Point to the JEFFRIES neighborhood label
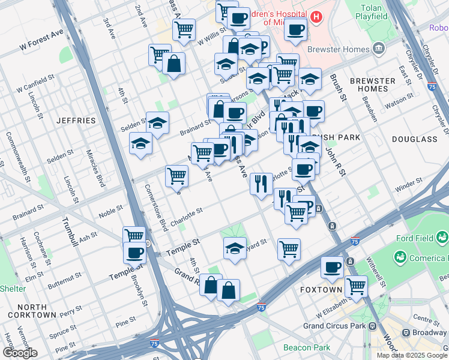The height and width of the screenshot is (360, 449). [76, 120]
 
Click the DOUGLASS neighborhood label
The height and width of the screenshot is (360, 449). [414, 139]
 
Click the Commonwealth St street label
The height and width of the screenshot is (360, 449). [11, 155]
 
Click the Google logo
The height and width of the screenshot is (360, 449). [20, 353]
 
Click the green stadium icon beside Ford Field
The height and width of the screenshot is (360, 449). [399, 257]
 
